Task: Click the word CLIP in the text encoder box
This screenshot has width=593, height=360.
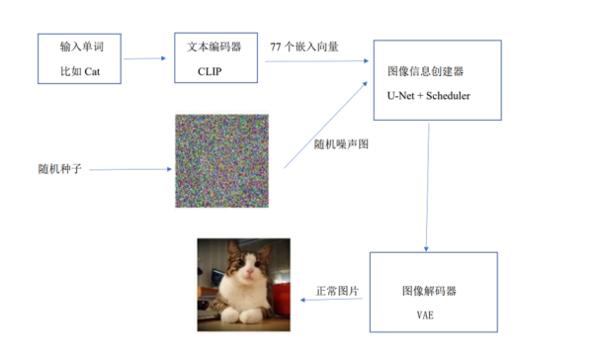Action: (210, 71)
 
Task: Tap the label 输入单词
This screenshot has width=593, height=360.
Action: (82, 46)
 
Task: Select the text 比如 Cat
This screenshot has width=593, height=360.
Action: (80, 71)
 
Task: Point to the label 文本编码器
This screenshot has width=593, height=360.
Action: (214, 46)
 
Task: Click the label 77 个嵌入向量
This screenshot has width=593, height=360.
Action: (304, 46)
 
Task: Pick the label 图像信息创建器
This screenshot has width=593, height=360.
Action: (425, 71)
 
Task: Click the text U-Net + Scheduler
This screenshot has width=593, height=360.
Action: (429, 96)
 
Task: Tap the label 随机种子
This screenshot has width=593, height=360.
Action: (59, 169)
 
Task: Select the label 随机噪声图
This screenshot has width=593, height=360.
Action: (341, 144)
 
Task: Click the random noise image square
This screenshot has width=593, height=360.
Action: (222, 161)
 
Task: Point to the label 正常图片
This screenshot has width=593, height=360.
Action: (337, 291)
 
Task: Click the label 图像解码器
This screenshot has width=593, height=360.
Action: (429, 291)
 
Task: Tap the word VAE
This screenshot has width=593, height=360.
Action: (425, 315)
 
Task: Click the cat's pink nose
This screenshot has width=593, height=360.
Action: (249, 272)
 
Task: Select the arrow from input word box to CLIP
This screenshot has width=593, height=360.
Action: (145, 58)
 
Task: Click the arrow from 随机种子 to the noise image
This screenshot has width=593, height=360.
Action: (130, 169)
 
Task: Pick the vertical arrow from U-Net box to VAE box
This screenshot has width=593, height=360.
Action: (428, 187)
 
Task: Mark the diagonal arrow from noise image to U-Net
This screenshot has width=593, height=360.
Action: (325, 125)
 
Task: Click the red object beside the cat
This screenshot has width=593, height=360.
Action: (281, 300)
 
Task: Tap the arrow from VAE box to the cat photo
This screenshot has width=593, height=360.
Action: (331, 300)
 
